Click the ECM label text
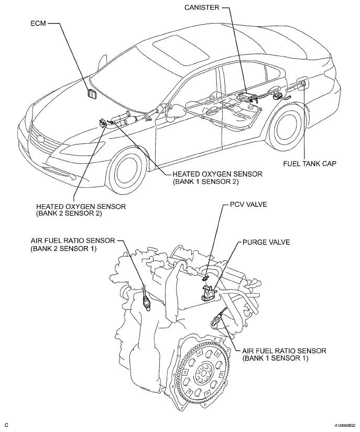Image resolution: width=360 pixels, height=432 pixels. coord(38,23)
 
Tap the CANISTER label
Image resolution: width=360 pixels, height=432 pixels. coord(202,7)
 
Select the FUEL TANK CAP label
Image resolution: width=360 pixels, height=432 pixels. coord(310,163)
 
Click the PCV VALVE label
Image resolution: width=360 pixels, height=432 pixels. coord(248,204)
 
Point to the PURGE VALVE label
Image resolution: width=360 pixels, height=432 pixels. coord(266,242)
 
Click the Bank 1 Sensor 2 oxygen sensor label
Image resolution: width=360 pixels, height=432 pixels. coord(217,178)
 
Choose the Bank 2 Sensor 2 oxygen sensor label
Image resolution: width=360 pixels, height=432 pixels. coord(81,209)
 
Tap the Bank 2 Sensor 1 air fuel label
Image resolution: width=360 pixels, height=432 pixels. coord(72,244)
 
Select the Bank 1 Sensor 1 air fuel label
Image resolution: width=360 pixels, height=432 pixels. coord(284,355)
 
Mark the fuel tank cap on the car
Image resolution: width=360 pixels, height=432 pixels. coord(303,83)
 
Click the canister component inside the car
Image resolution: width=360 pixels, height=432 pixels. coord(248,97)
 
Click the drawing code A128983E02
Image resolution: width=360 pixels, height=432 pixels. coord(345,427)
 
